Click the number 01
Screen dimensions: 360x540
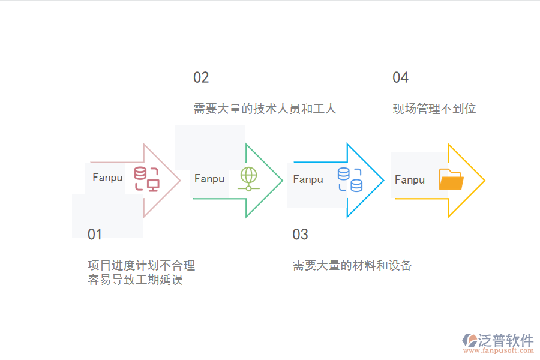95,234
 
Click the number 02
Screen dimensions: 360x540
201,77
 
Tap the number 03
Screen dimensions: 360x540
300,234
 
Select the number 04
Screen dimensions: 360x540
400,77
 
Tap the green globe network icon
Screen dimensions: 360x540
248,179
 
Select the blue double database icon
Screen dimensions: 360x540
350,179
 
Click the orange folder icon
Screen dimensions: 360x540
451,179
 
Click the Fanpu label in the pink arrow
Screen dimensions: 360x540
107,178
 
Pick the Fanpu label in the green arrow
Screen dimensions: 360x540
209,179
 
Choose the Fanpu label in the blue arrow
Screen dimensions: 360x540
308,179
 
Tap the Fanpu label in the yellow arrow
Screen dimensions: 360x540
410,180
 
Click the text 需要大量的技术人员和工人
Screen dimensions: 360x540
265,109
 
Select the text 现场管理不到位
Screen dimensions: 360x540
434,109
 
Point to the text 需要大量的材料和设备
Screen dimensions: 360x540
352,265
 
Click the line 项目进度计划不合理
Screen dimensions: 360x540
142,265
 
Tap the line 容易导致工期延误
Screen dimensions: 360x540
136,280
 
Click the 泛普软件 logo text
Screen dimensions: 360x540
506,340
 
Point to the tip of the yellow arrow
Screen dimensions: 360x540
484,180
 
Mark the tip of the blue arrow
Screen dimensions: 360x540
383,180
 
